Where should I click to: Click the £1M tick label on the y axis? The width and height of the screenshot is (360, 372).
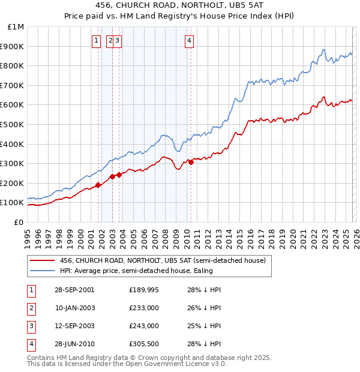coord(16,26)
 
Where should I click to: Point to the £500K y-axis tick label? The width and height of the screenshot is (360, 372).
coord(13,124)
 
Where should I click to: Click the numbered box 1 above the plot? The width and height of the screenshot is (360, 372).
coord(96,41)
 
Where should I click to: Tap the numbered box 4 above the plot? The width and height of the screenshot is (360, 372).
coord(189,41)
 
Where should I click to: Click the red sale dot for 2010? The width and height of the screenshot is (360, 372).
coord(191,162)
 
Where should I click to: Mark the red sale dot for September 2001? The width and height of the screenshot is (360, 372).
coord(98,185)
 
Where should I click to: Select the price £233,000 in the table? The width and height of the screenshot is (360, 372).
coord(144,308)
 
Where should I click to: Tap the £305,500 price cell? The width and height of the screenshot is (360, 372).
coord(144,344)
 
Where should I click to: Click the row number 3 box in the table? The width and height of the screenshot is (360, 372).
coord(31,326)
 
